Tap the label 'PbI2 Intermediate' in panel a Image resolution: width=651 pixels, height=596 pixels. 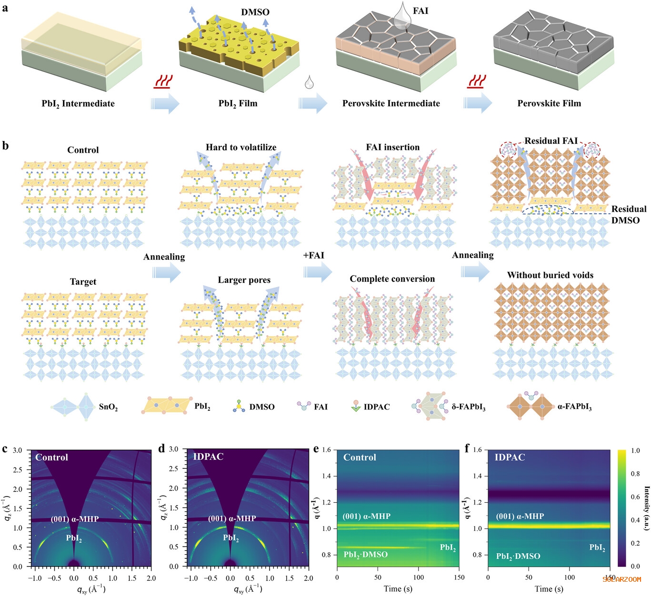point(78,104)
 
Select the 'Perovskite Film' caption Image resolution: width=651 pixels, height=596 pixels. point(549,103)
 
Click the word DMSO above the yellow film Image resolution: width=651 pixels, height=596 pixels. point(255,12)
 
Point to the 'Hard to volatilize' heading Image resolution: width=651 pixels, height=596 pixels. point(241,148)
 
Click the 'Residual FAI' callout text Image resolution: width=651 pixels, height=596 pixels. point(551,141)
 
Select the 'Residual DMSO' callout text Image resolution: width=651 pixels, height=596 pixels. point(629,215)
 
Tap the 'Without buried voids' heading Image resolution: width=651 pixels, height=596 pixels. point(550,275)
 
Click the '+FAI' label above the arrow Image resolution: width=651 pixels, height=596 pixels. point(313,256)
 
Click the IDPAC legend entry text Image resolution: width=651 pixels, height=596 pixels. point(377,407)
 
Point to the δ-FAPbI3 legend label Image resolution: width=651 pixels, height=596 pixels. point(469,407)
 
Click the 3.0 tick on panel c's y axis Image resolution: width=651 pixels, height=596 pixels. point(18,450)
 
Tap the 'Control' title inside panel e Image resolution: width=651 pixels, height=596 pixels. point(360,457)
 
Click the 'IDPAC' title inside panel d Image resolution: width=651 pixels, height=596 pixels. point(208,457)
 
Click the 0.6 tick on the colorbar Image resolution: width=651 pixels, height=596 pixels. point(635,497)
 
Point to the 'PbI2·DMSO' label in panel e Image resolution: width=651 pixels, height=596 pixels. point(366,555)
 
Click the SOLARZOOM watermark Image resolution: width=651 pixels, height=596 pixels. point(622,579)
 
